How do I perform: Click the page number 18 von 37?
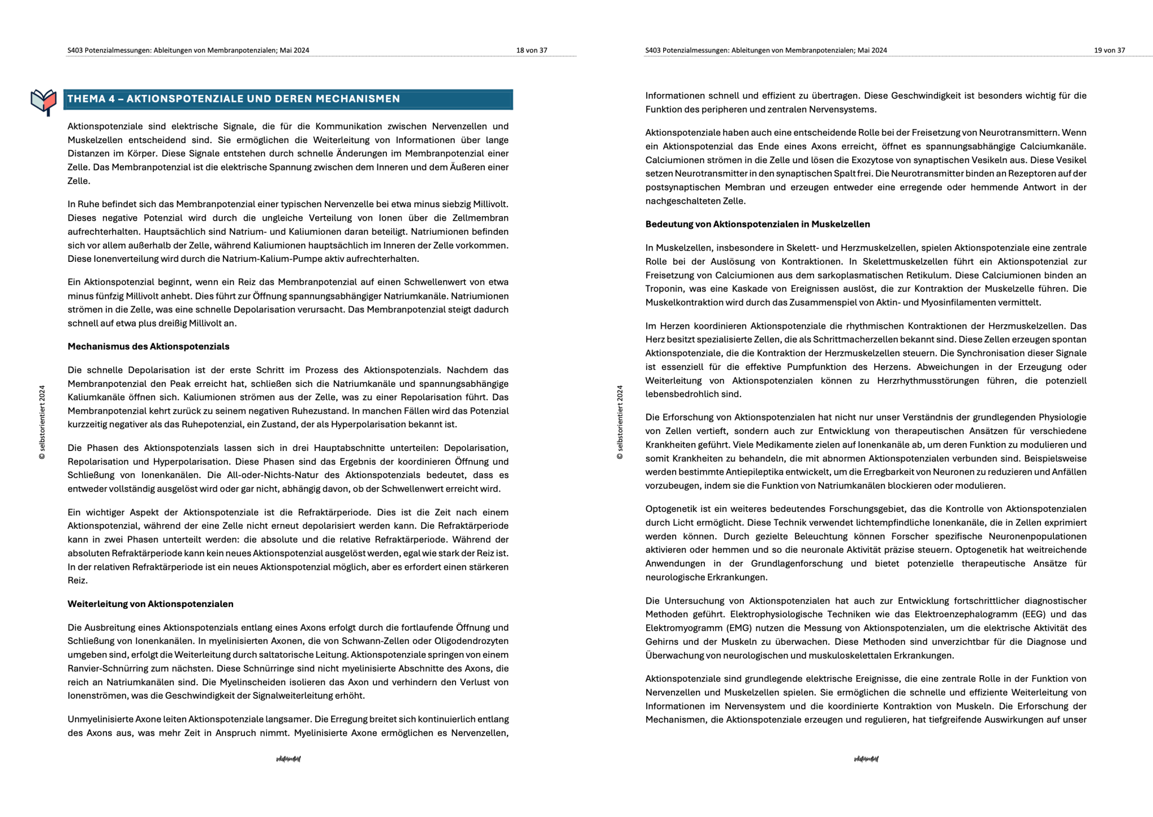coord(531,50)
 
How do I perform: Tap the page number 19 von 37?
coord(1109,50)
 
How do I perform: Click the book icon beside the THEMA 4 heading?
coord(43,101)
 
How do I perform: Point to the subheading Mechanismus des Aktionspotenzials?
coord(148,346)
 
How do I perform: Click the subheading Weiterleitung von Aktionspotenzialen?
coord(150,604)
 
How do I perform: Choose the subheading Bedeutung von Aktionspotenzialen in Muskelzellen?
coord(757,224)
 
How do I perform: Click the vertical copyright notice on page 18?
coord(42,422)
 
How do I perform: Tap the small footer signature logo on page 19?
coord(866,759)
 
